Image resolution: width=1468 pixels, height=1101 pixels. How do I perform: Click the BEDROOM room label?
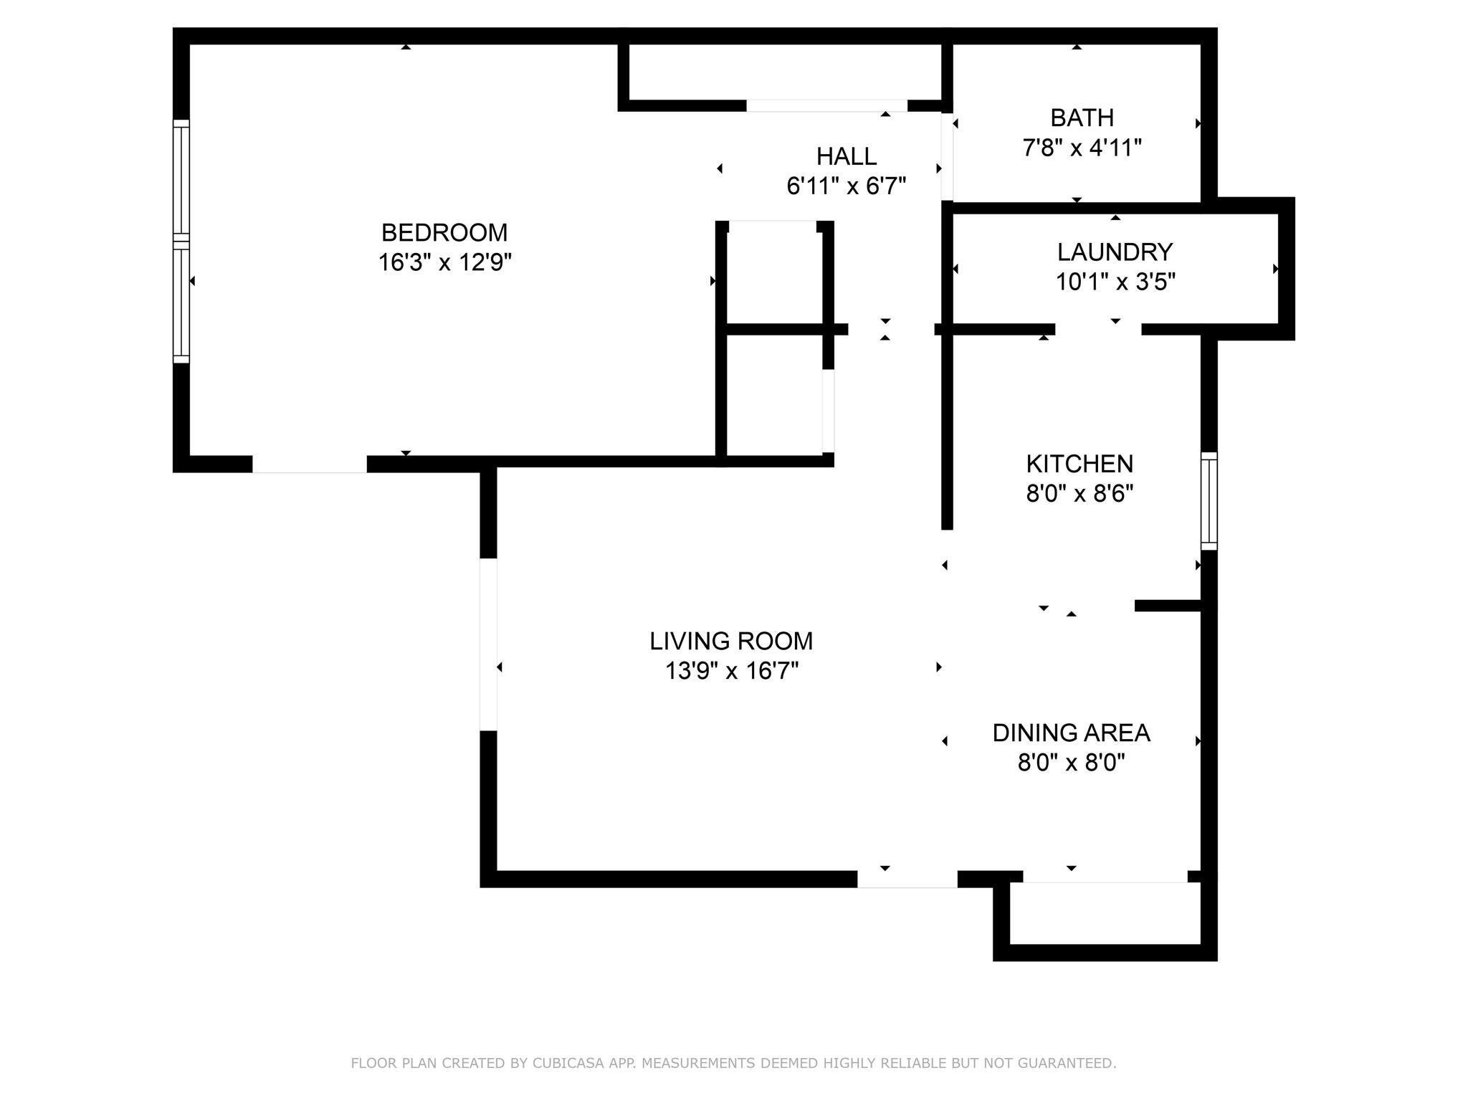[x=444, y=232]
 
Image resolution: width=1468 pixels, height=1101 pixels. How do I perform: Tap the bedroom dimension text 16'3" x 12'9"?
[x=444, y=263]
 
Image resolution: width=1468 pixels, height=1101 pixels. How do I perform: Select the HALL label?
[x=847, y=156]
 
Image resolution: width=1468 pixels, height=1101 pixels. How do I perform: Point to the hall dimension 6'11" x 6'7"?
[x=847, y=186]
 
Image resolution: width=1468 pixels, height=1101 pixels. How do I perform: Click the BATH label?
[x=1082, y=118]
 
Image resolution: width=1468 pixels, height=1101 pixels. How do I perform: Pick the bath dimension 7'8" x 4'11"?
[x=1082, y=148]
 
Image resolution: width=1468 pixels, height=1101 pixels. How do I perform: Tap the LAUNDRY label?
[x=1115, y=252]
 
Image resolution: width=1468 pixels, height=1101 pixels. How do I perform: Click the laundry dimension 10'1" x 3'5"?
[x=1115, y=282]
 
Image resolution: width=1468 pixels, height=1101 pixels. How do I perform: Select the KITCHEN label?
[x=1079, y=464]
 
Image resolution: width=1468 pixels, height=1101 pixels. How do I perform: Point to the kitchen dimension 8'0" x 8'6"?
[x=1079, y=495]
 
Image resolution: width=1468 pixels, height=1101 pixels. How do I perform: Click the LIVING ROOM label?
[x=731, y=641]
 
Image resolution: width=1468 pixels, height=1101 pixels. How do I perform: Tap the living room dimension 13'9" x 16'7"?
[x=732, y=672]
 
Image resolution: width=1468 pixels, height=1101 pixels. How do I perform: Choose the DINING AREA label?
[x=1071, y=733]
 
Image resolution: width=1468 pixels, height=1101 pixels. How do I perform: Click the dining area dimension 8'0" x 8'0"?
[x=1071, y=763]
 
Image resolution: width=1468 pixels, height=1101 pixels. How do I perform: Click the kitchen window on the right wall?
[x=1209, y=501]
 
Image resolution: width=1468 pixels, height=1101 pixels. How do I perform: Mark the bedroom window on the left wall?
[x=181, y=242]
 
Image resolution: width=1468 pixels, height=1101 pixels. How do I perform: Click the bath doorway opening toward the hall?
[x=947, y=156]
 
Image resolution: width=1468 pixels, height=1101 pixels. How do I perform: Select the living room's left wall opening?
[x=488, y=644]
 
